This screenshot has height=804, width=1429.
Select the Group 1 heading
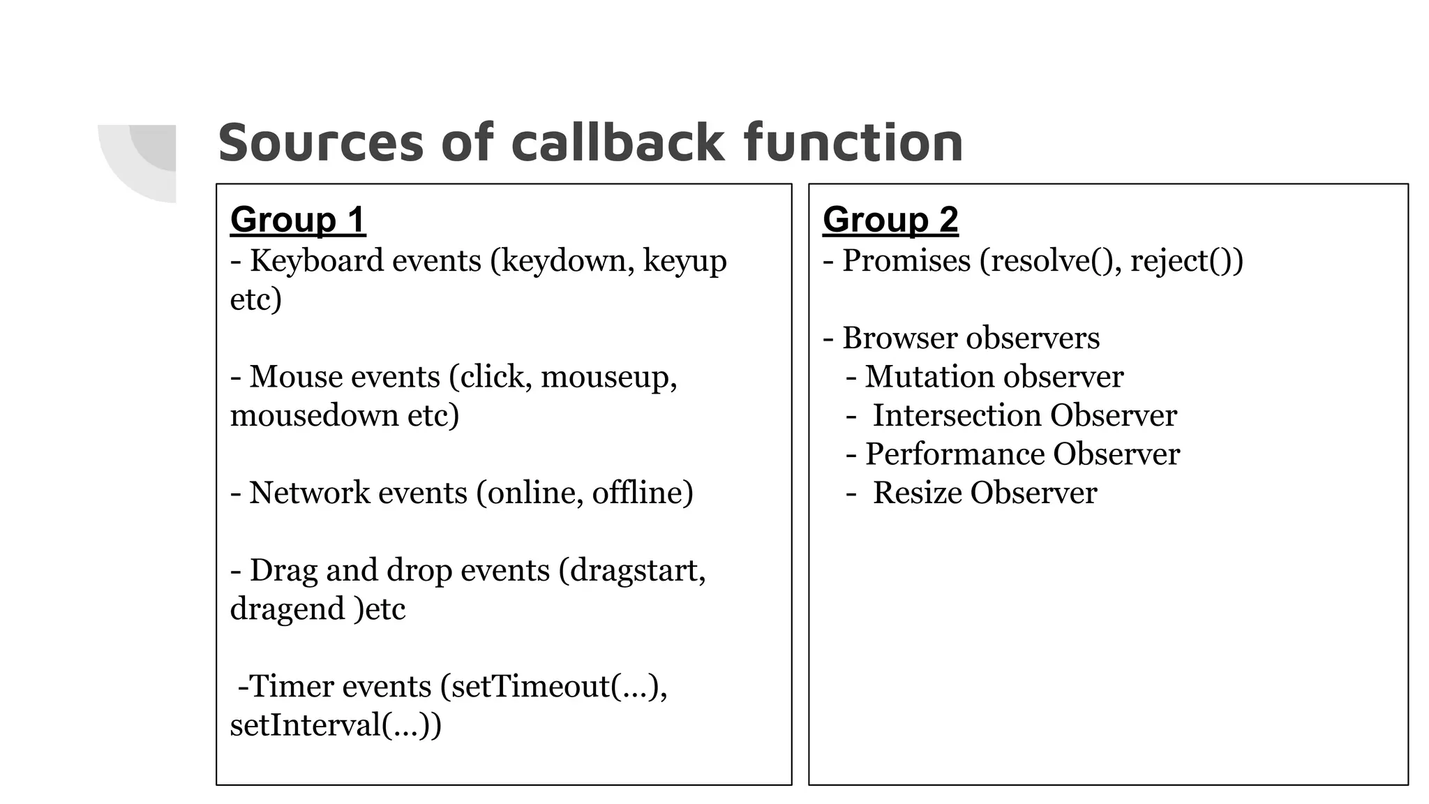298,220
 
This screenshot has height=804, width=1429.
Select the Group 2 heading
890,220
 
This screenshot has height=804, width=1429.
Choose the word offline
638,493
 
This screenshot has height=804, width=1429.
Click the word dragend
287,609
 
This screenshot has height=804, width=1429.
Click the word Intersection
957,416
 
